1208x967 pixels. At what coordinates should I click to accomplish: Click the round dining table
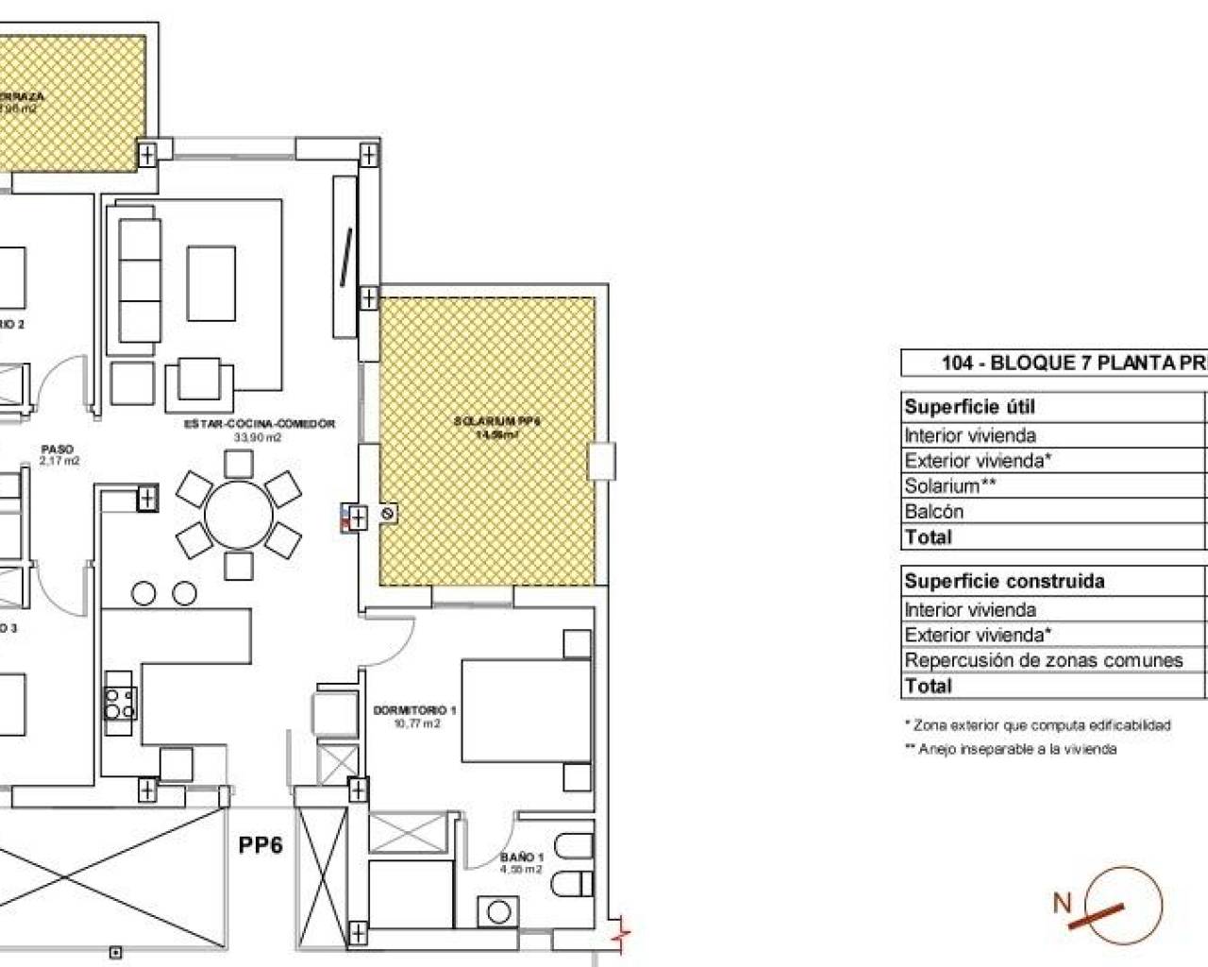[239, 515]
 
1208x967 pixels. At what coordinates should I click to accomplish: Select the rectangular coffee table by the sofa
[211, 283]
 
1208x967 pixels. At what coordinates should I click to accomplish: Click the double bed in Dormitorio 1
[526, 710]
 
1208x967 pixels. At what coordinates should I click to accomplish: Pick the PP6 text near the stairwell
[260, 845]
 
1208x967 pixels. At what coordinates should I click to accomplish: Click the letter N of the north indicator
[1063, 903]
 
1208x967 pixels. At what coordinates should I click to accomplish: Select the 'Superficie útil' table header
[969, 407]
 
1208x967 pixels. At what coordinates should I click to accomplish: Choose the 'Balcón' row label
[933, 512]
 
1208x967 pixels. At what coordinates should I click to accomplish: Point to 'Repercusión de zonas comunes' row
[1043, 660]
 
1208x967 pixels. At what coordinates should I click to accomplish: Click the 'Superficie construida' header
[1004, 581]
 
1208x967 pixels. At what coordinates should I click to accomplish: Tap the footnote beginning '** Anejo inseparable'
[1010, 749]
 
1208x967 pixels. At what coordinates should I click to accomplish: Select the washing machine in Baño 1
[498, 912]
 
